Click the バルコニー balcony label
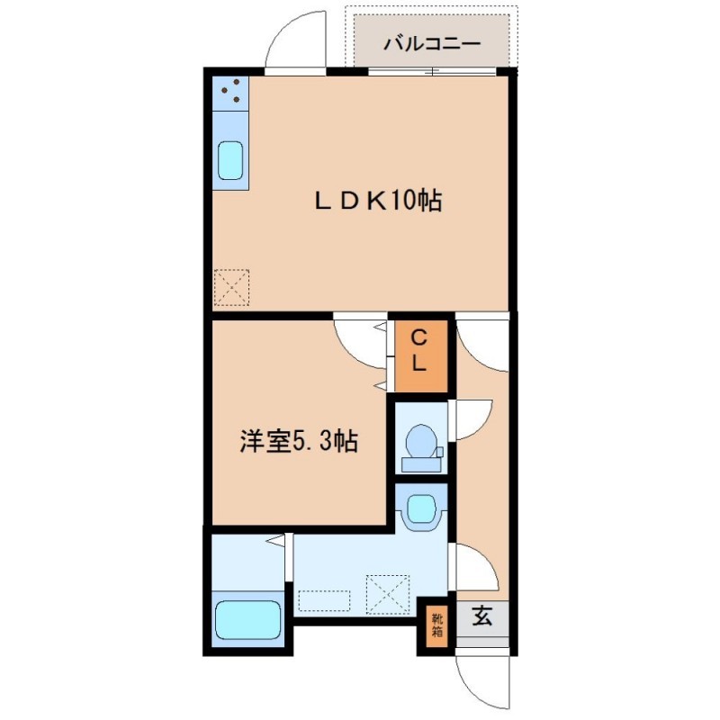[x=432, y=43]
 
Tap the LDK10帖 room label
[x=378, y=201]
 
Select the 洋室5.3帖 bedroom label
[x=299, y=441]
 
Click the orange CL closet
[x=421, y=356]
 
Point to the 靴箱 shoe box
[x=436, y=625]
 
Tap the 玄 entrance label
[x=482, y=616]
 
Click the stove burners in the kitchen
[x=231, y=91]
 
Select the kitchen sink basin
[x=230, y=160]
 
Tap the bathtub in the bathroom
[x=248, y=619]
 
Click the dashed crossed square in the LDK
[x=232, y=287]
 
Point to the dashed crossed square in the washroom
[x=388, y=594]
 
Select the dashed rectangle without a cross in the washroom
[x=324, y=600]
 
